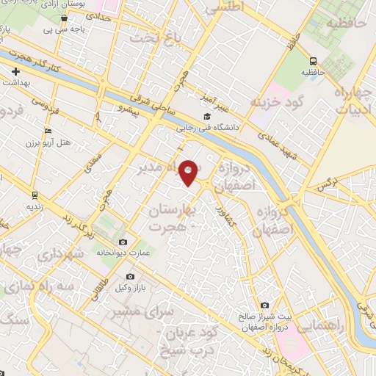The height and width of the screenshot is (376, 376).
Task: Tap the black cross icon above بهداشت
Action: pos(15,71)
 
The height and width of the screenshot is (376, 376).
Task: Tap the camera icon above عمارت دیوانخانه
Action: pos(122,242)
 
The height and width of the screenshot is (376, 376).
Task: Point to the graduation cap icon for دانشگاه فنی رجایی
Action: pos(207,117)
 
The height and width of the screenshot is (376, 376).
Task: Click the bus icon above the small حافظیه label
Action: pos(314,62)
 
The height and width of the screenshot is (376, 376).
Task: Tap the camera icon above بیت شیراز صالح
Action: pos(264,305)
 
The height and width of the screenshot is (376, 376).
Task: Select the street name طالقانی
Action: pos(96,282)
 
